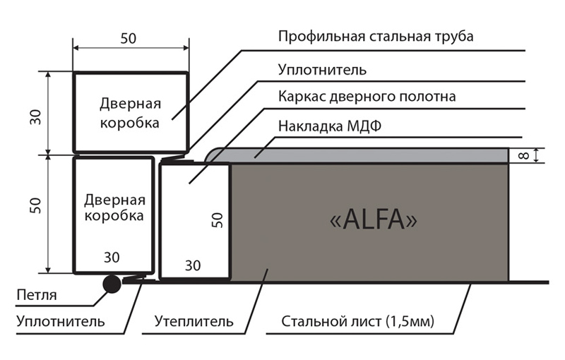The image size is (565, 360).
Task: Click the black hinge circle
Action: click(112, 284)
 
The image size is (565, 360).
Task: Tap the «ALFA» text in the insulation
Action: click(374, 220)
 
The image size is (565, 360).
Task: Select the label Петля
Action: click(37, 295)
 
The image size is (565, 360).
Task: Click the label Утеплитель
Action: click(194, 320)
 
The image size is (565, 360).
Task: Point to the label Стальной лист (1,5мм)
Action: click(357, 321)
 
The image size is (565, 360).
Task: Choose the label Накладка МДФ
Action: click(330, 126)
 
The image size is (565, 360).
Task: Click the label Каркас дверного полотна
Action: click(367, 97)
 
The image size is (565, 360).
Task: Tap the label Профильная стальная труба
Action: click(376, 37)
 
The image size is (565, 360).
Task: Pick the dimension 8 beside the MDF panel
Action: click(524, 155)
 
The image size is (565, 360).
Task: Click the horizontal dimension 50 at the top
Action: click(129, 39)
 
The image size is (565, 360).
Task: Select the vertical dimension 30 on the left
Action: click(36, 117)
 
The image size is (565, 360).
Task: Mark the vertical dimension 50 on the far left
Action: click(36, 205)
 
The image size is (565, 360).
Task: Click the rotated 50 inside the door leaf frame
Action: click(218, 220)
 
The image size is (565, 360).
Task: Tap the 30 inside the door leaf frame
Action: click(193, 265)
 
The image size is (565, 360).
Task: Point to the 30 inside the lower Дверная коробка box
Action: click(112, 258)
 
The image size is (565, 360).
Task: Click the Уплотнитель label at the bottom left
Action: click(61, 320)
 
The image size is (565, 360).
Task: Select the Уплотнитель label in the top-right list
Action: click(322, 69)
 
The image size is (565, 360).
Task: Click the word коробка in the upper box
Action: click(130, 123)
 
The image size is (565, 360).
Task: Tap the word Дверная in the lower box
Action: click(114, 200)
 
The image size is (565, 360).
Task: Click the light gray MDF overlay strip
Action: click(357, 155)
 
